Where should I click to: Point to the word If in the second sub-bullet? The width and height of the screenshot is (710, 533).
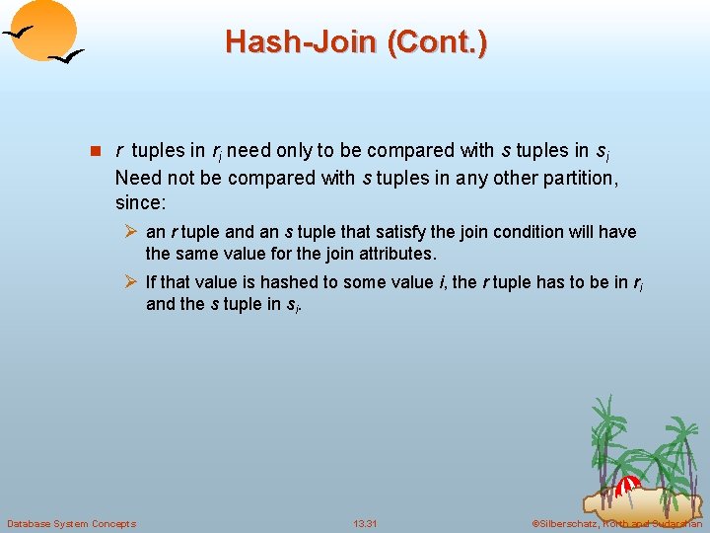point(151,282)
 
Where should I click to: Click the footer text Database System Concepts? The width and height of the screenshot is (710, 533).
point(71,523)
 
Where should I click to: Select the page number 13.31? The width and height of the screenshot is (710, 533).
point(366,523)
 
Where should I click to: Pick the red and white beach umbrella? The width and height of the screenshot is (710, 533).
point(627,484)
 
